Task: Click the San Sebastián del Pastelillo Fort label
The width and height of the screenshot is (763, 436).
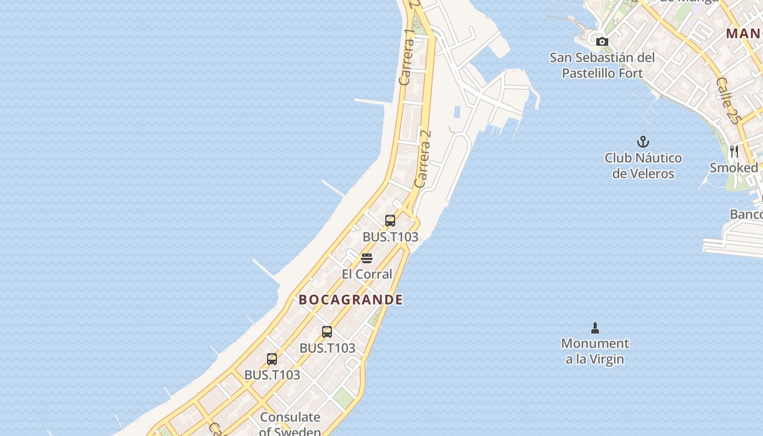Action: coord(602,65)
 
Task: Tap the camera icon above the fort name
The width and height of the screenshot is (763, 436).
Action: coord(602,41)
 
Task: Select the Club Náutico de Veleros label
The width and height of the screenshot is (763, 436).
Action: coord(643,166)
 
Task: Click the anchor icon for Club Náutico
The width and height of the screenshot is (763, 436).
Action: coord(643,142)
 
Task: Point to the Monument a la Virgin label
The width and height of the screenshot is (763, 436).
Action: coord(595,351)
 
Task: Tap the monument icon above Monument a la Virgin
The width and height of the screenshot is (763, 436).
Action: coord(595,328)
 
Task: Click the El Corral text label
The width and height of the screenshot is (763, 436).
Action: coord(367,274)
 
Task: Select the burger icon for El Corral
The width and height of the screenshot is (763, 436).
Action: coord(367,258)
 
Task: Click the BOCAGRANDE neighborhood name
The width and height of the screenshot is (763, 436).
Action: coord(350,299)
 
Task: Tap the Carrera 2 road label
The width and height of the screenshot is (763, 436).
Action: coord(423,158)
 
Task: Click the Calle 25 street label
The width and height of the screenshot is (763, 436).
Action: coord(729,101)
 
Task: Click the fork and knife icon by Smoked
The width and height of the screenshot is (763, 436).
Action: coord(734,151)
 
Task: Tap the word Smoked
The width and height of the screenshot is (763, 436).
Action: coord(734,168)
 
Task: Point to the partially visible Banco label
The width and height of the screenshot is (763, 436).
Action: coord(746,214)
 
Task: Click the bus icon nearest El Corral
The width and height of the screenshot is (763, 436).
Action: coord(390,221)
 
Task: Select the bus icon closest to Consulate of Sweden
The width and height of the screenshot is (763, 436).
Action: coord(272,359)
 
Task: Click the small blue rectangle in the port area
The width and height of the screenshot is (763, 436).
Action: coord(457,112)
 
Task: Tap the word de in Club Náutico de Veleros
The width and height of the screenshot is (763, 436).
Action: coord(620,174)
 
